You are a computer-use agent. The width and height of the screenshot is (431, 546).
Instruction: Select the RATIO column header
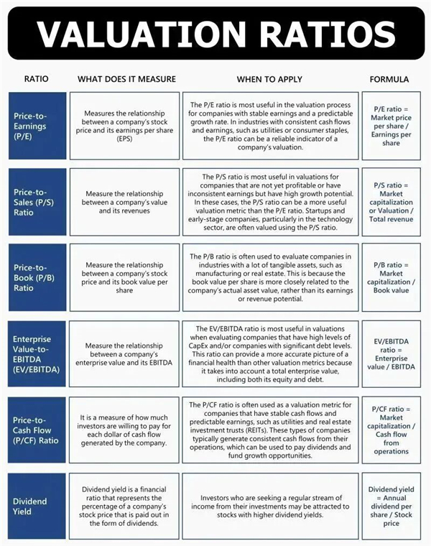37,79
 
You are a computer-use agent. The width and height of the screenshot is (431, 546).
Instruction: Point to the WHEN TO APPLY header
269,79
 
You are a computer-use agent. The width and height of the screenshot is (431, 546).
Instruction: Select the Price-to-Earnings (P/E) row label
37,125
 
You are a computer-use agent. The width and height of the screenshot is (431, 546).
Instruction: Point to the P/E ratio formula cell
391,125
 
